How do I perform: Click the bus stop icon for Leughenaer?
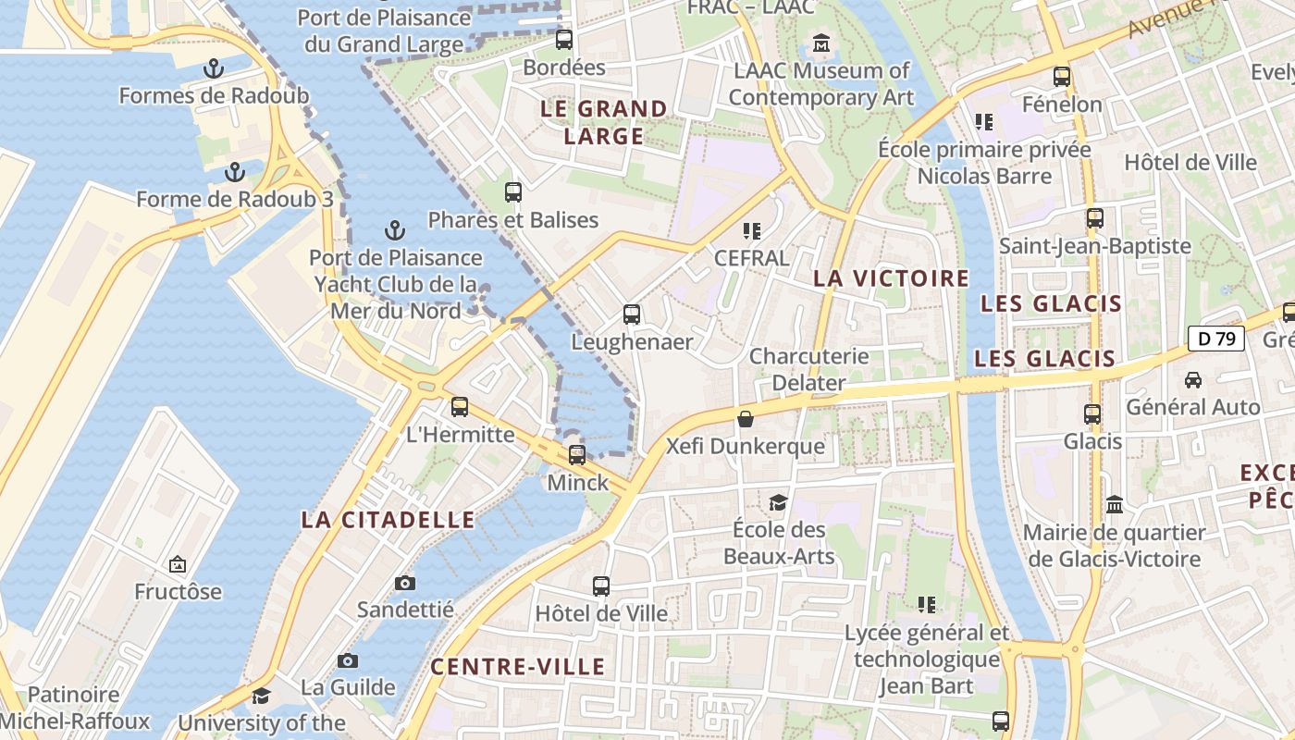click(x=632, y=314)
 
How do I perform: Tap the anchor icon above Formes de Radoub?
click(x=214, y=68)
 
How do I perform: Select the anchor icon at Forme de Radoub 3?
click(x=235, y=172)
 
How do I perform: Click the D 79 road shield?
click(x=1216, y=339)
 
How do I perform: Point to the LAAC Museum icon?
click(x=820, y=43)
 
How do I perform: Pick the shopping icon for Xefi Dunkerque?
click(x=746, y=419)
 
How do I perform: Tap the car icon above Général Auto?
click(x=1193, y=379)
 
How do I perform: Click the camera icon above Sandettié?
click(x=404, y=583)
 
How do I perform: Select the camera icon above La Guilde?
click(x=348, y=660)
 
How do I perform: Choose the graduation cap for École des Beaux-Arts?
click(x=778, y=502)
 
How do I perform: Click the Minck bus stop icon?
click(x=577, y=454)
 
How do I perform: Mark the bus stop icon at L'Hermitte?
click(x=460, y=406)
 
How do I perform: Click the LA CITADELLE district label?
click(x=388, y=520)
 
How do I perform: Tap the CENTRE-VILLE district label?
click(x=518, y=667)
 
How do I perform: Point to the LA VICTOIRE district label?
click(x=891, y=278)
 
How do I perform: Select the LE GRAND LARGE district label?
click(x=604, y=122)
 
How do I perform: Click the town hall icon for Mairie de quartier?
click(x=1115, y=505)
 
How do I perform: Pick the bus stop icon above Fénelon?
click(x=1062, y=77)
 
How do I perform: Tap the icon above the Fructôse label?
click(x=178, y=564)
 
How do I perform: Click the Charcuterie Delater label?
click(x=808, y=369)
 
